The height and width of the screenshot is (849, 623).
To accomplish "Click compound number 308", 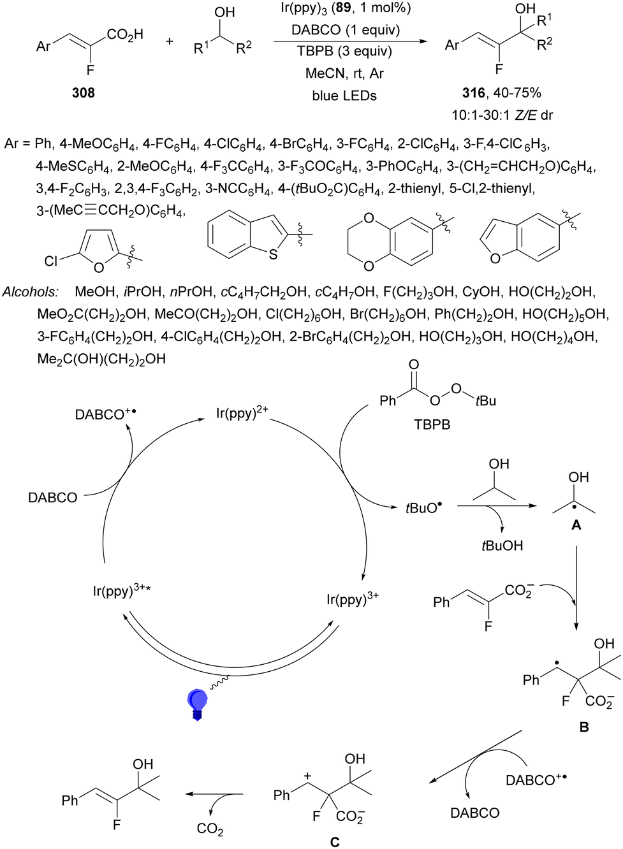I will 83,93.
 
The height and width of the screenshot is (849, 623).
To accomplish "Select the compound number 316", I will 473,93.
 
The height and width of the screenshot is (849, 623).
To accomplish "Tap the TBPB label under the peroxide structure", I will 432,424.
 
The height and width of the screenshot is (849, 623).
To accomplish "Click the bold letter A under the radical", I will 576,525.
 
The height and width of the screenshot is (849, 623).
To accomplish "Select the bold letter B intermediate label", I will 583,727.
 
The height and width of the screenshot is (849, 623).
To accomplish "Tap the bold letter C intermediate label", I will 335,842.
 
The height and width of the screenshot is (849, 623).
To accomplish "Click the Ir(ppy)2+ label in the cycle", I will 242,413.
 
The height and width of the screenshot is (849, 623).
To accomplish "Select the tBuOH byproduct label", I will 502,546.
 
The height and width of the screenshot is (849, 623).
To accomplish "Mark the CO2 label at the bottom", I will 210,829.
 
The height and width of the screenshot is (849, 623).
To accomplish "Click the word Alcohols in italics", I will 30,292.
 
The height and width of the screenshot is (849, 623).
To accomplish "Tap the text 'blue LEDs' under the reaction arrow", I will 344,96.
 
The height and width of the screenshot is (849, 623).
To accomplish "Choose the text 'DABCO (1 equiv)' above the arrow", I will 346,30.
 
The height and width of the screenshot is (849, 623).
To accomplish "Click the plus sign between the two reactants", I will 170,41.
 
